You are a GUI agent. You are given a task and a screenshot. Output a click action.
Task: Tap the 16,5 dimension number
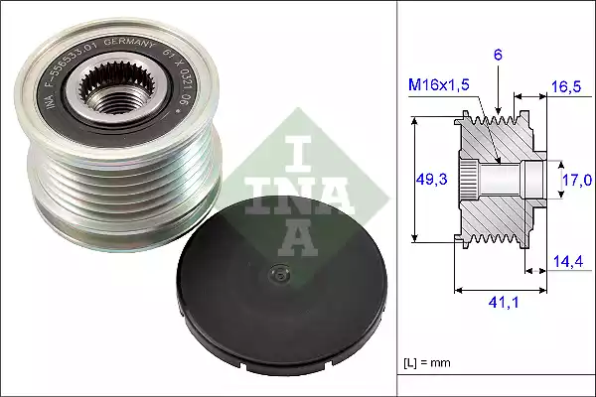566,87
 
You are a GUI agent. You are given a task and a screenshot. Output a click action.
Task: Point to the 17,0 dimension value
576,180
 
